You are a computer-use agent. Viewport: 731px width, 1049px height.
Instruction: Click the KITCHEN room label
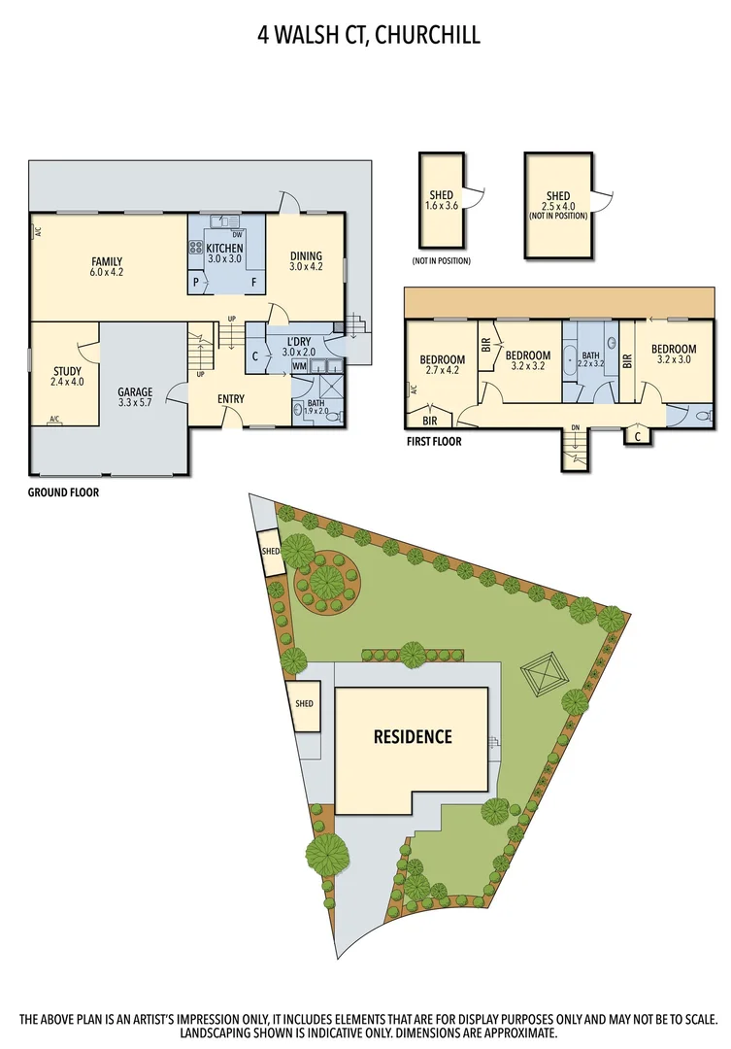coord(224,249)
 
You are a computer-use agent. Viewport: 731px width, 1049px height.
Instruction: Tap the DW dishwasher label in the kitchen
coord(237,235)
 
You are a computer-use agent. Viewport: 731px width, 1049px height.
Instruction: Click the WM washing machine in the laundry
coord(299,366)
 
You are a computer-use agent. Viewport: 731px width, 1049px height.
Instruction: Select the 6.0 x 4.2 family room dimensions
coord(107,272)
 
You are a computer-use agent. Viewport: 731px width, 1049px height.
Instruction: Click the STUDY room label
coord(67,370)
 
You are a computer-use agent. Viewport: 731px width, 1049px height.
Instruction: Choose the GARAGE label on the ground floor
coord(136,392)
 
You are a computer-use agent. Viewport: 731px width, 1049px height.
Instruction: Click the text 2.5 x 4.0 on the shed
coord(557,206)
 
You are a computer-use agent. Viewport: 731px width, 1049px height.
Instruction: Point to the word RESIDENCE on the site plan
coord(413,736)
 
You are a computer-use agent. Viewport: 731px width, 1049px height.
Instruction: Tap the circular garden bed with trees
coord(327,581)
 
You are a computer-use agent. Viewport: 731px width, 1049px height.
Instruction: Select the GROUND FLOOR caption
coord(63,492)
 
